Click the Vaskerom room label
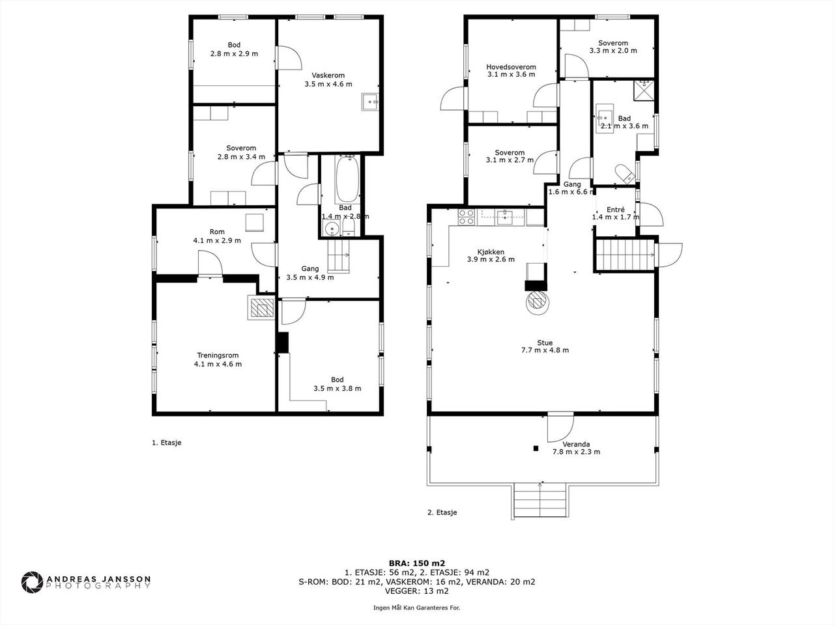tap(328, 75)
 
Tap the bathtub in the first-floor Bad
tap(347, 179)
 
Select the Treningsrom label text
tap(218, 355)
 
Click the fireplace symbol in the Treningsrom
tap(261, 307)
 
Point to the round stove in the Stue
tap(538, 301)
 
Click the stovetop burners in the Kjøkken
tap(467, 217)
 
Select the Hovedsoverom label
tap(511, 67)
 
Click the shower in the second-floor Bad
tap(644, 90)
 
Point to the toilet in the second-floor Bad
tap(625, 173)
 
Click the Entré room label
tap(616, 210)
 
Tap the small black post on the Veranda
tap(536, 448)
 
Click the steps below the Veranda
tap(540, 500)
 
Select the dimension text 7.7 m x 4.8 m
tap(545, 350)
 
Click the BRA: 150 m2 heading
tap(417, 564)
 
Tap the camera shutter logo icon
tap(32, 582)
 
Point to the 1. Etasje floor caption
tap(166, 443)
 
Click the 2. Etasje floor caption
tap(442, 512)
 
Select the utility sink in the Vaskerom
tap(370, 102)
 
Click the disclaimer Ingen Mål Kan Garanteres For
tap(416, 607)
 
